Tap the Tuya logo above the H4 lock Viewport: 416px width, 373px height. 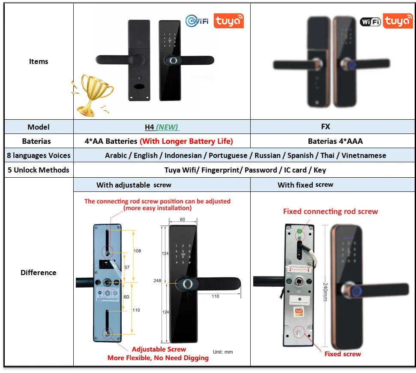coord(228,21)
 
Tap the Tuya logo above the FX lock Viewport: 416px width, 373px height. coord(398,21)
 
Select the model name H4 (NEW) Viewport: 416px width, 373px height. coord(162,127)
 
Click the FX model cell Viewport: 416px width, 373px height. coord(326,127)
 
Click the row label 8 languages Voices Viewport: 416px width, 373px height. coord(39,155)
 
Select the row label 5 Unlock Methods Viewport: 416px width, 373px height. coord(39,170)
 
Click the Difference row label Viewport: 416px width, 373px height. coord(39,273)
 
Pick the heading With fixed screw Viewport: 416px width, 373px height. coord(305,185)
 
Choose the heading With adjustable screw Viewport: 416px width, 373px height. coord(134,185)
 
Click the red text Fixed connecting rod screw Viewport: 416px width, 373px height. coord(330,211)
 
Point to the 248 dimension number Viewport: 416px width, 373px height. coord(158,281)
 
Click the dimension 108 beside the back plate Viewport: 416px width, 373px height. coord(137,251)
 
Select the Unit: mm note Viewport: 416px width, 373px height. coord(223,352)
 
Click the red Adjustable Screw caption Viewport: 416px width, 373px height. coord(159,349)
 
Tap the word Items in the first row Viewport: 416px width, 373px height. coord(39,61)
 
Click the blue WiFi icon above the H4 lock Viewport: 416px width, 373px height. coord(197,20)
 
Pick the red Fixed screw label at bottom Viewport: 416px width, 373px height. coord(342,354)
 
